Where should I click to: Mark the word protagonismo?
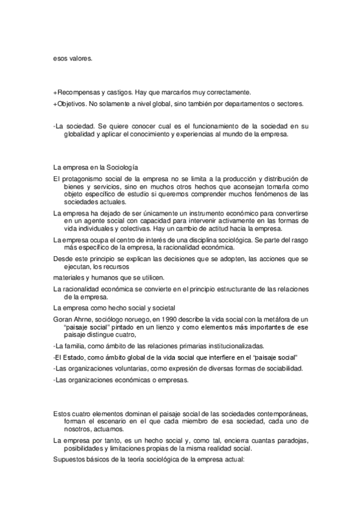pyautogui.click(x=83, y=179)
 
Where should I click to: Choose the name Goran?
pyautogui.click(x=64, y=319)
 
